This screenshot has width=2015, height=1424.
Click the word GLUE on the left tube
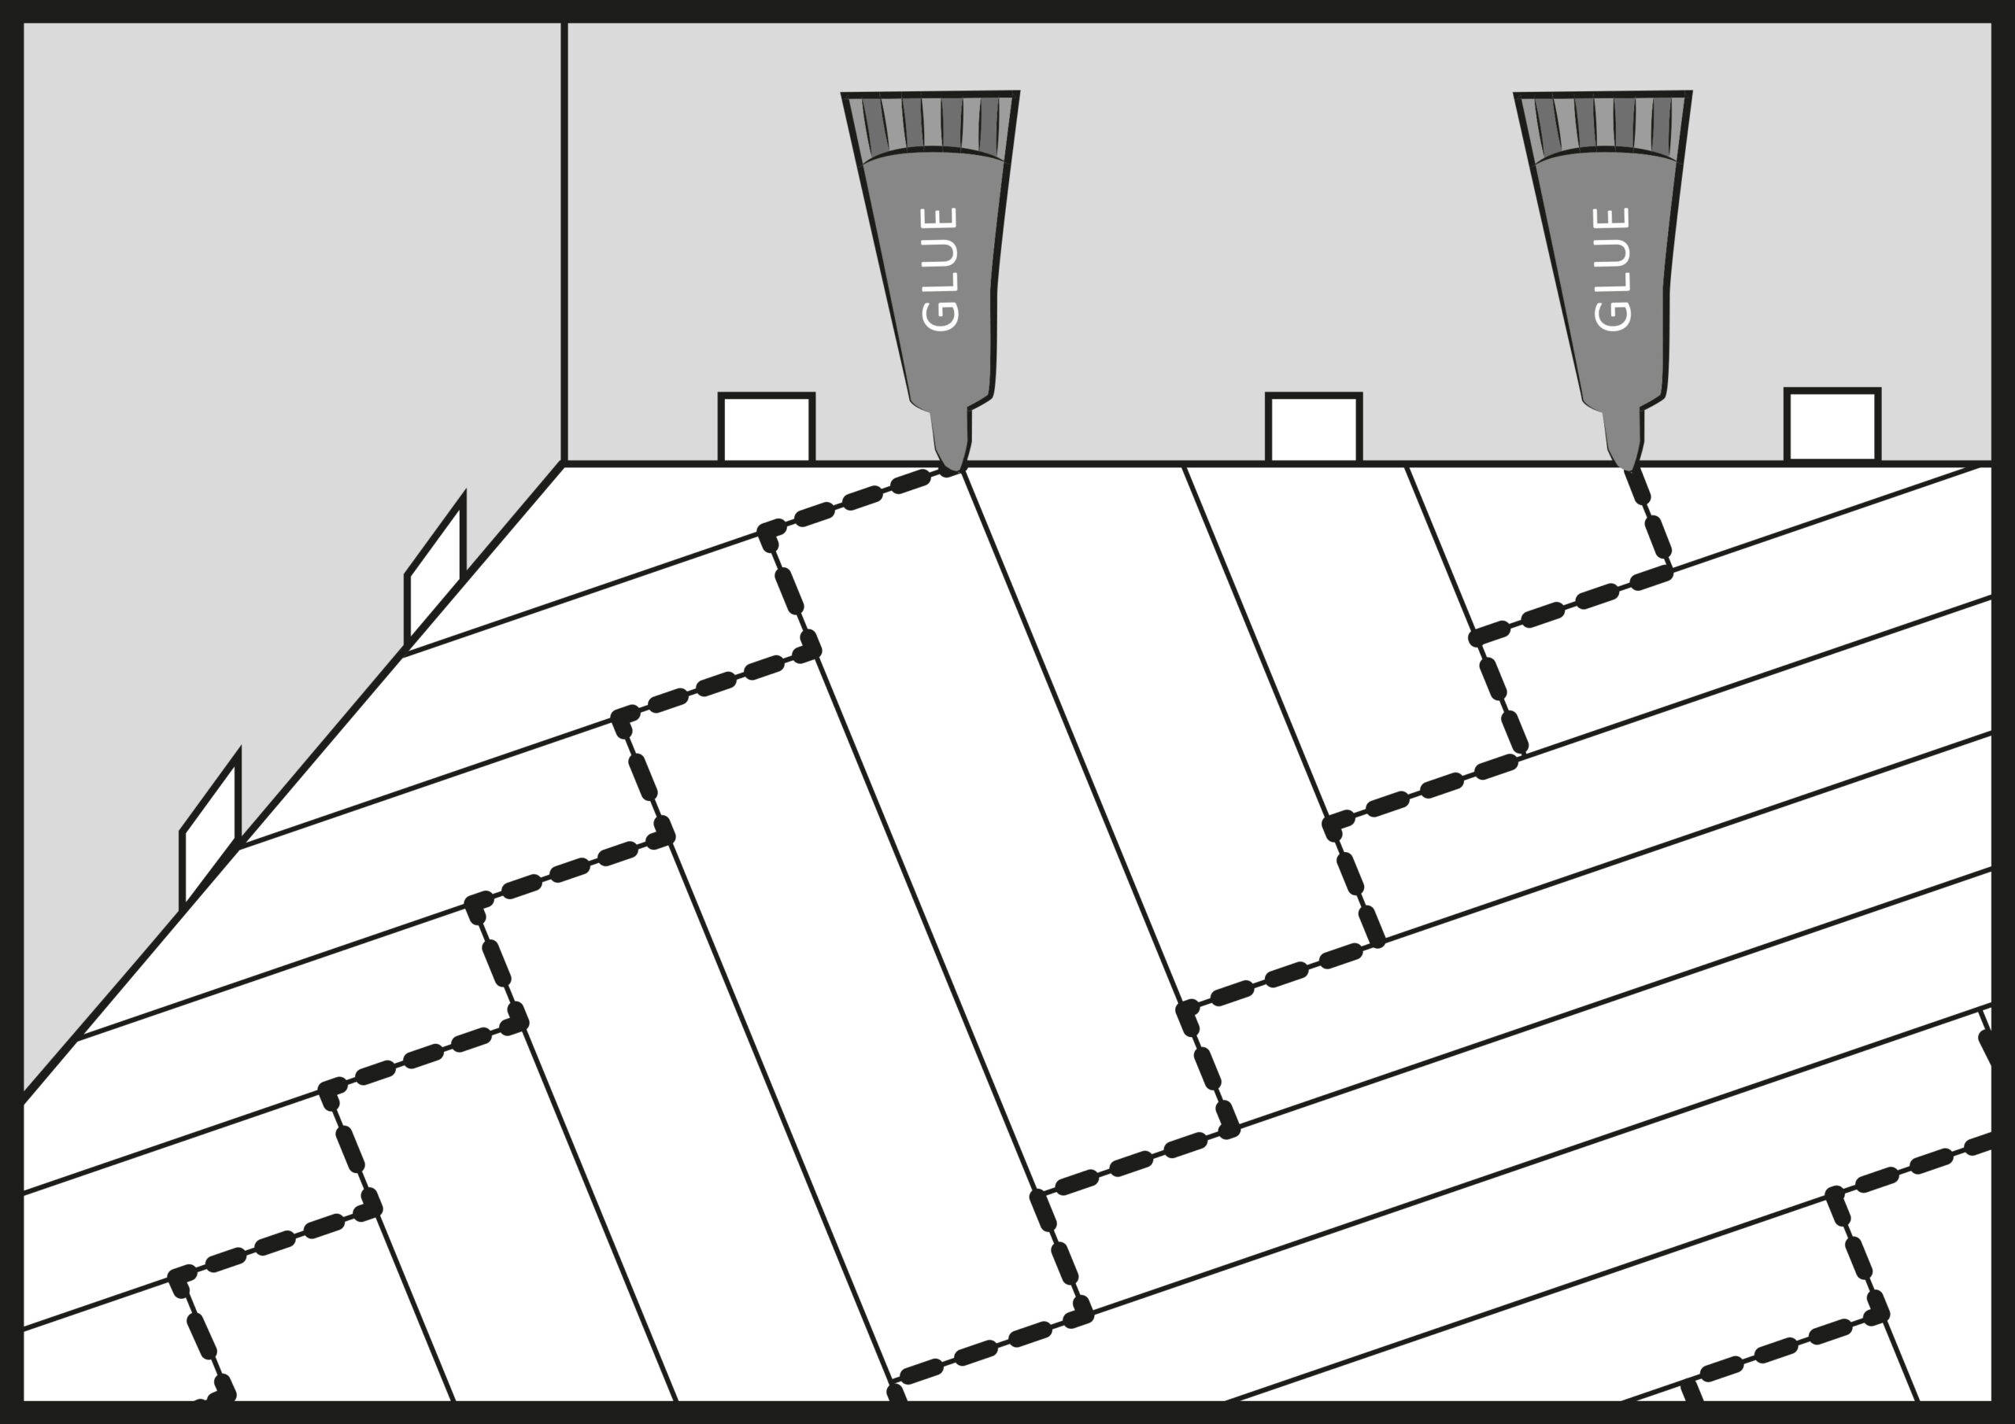click(941, 269)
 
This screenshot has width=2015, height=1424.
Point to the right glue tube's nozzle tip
click(1625, 469)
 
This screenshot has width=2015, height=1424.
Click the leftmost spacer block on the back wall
click(767, 427)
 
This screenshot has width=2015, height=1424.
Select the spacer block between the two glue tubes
click(1314, 427)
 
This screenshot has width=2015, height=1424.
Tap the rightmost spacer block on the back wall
click(1832, 425)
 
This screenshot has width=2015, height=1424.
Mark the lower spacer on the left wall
click(209, 831)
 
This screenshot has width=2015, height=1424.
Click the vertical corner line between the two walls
click(564, 242)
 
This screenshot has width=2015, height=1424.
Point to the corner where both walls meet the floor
click(564, 463)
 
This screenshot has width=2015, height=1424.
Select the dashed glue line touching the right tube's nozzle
click(1648, 519)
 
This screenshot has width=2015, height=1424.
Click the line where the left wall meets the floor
click(293, 782)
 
